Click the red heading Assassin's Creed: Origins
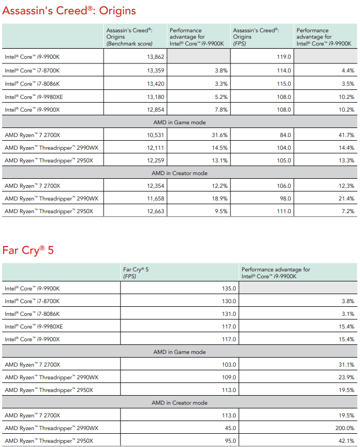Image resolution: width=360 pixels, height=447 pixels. [69, 11]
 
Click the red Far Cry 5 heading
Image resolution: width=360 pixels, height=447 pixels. [28, 250]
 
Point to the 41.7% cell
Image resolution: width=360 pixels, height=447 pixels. [346, 135]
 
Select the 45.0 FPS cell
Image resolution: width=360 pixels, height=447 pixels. [229, 428]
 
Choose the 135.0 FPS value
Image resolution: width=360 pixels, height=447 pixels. [228, 289]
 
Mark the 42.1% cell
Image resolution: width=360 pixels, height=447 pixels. [346, 441]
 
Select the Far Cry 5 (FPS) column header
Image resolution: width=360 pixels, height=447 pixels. [136, 272]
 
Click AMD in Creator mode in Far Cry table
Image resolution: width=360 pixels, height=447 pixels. [180, 403]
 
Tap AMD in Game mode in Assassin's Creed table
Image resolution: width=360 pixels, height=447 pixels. [180, 122]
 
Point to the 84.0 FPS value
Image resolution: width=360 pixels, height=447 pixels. [285, 135]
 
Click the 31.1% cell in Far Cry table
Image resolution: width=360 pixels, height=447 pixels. [346, 364]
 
